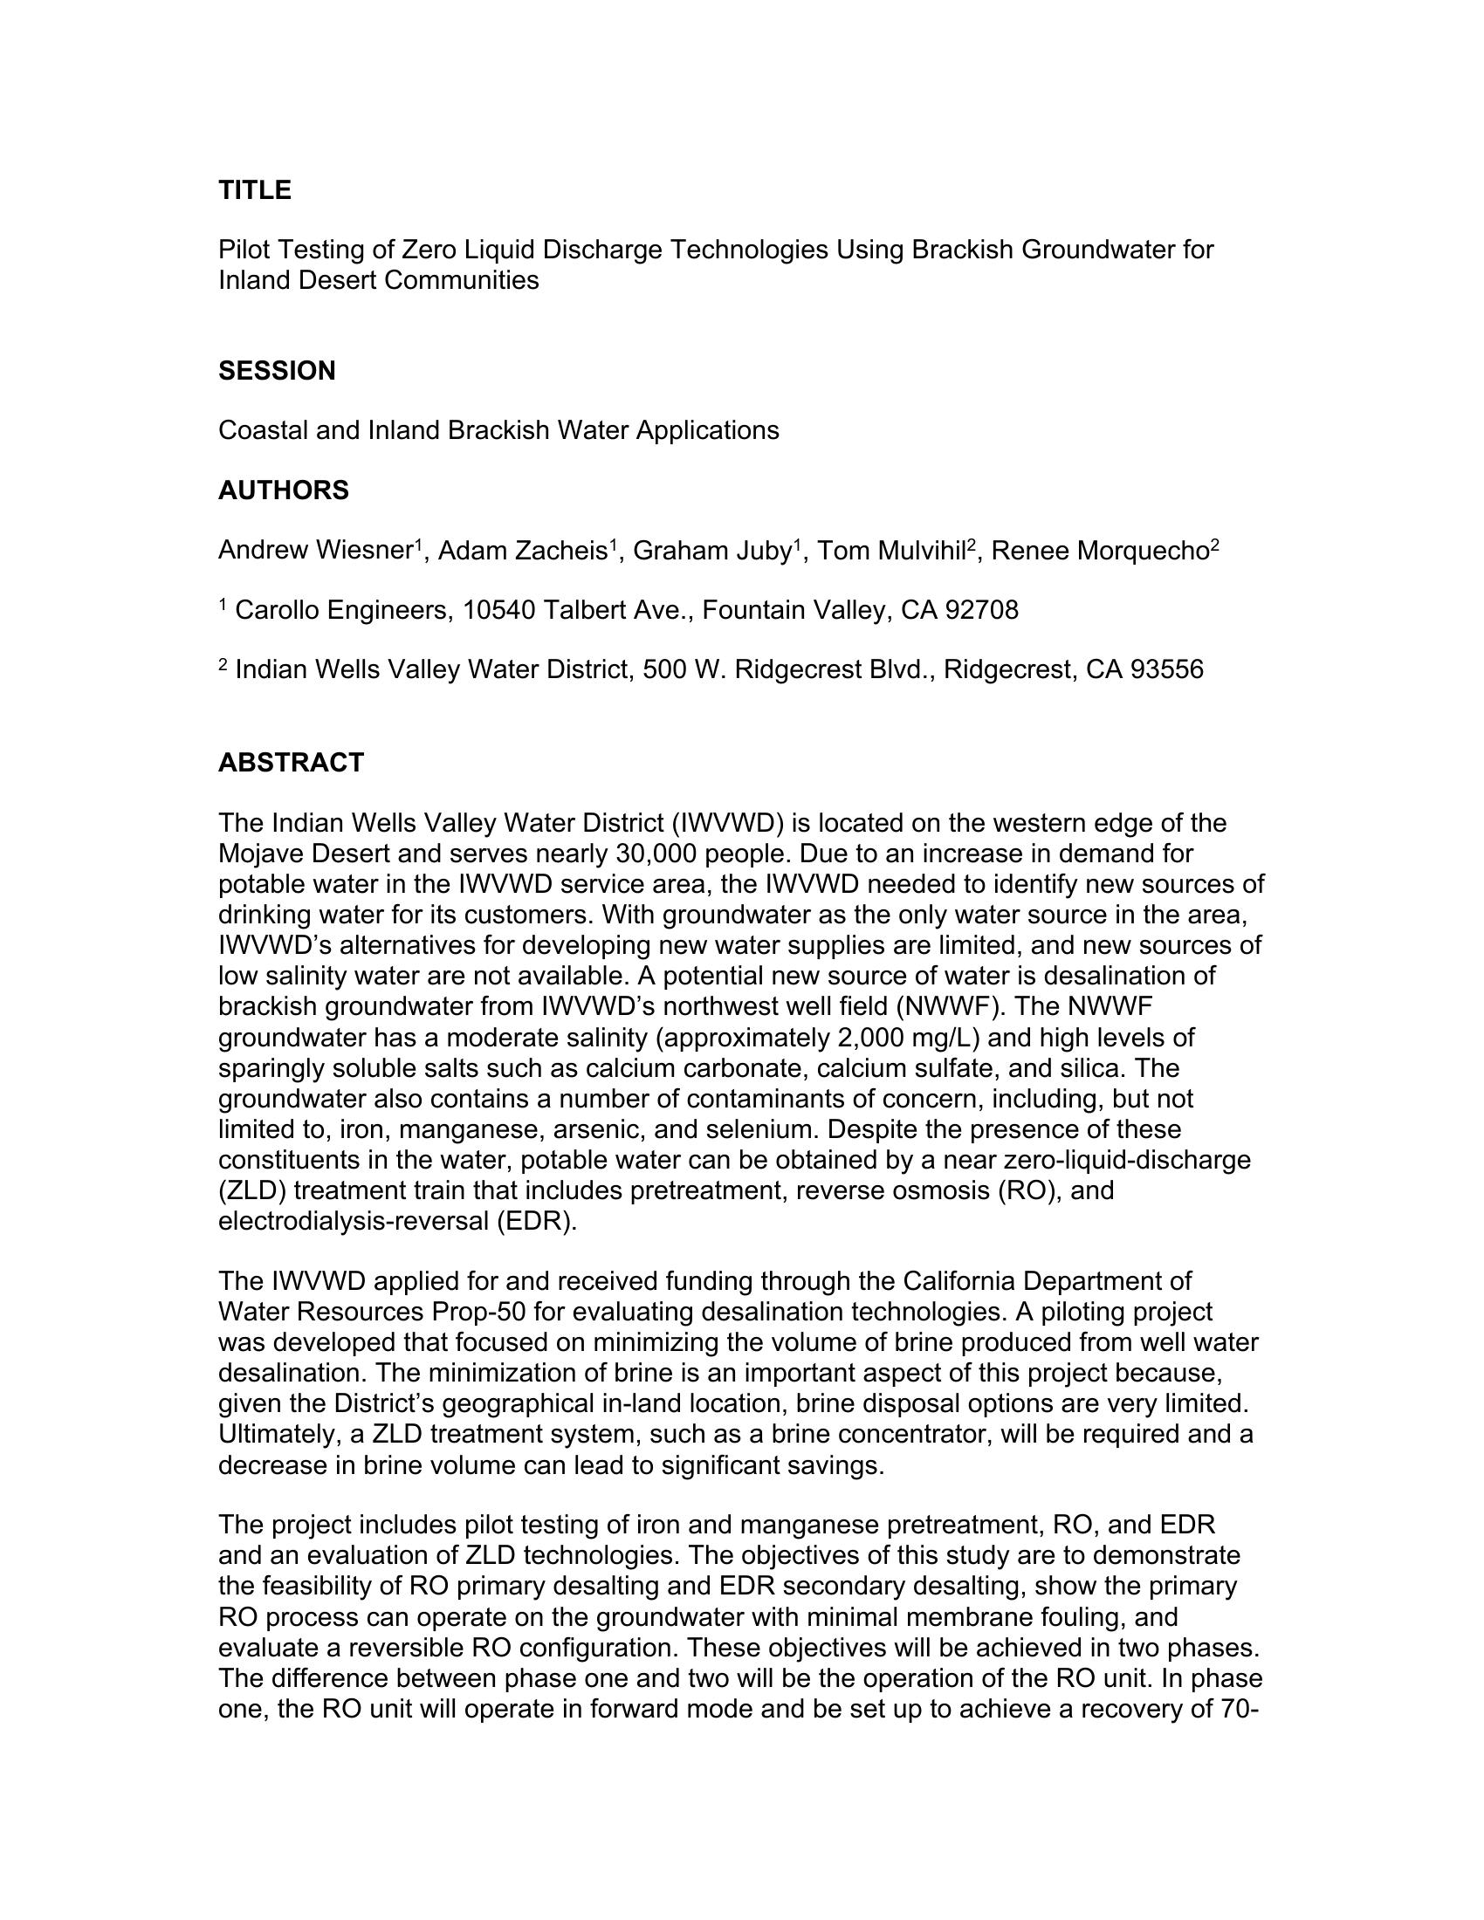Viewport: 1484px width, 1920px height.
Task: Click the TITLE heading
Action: pos(254,190)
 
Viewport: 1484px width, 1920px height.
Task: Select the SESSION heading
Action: pos(276,371)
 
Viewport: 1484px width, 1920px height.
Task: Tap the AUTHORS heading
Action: pos(283,490)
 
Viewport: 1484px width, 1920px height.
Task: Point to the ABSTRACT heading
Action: pos(290,762)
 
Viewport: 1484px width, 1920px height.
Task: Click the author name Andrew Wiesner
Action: pos(315,552)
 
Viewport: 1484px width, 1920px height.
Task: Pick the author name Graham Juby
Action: pos(712,552)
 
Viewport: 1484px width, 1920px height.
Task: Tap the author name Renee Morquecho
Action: pos(1099,552)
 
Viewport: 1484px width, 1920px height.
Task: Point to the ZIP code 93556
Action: pos(1166,670)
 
